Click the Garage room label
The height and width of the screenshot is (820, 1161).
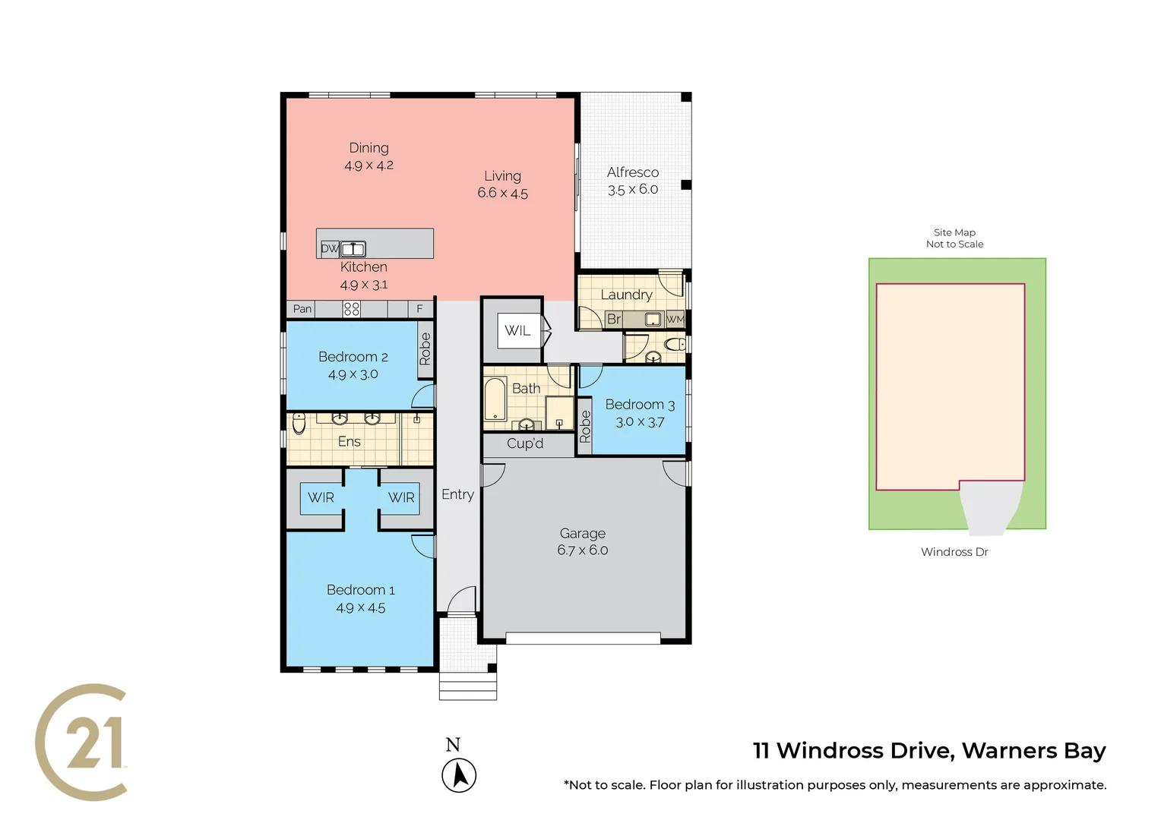click(582, 534)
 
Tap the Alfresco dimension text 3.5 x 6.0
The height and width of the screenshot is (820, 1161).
click(632, 190)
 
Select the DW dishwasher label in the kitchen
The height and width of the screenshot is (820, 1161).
click(329, 248)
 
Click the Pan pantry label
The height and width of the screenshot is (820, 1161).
click(302, 309)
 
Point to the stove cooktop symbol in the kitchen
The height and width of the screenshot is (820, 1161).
click(351, 309)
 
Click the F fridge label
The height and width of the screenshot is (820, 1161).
click(419, 309)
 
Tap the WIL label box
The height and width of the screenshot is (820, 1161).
click(518, 330)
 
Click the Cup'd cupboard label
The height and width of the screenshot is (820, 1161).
click(525, 443)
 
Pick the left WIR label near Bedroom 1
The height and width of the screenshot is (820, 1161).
click(321, 498)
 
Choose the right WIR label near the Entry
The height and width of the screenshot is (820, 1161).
click(401, 498)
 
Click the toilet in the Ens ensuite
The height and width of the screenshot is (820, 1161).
click(299, 423)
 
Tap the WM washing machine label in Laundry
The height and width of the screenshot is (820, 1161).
click(675, 320)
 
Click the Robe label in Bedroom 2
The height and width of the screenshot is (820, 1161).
click(425, 349)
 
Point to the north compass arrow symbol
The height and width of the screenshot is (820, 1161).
click(459, 775)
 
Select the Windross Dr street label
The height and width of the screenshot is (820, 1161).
click(954, 552)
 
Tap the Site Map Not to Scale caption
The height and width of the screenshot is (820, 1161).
click(954, 238)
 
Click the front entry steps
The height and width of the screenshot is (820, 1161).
click(468, 686)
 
